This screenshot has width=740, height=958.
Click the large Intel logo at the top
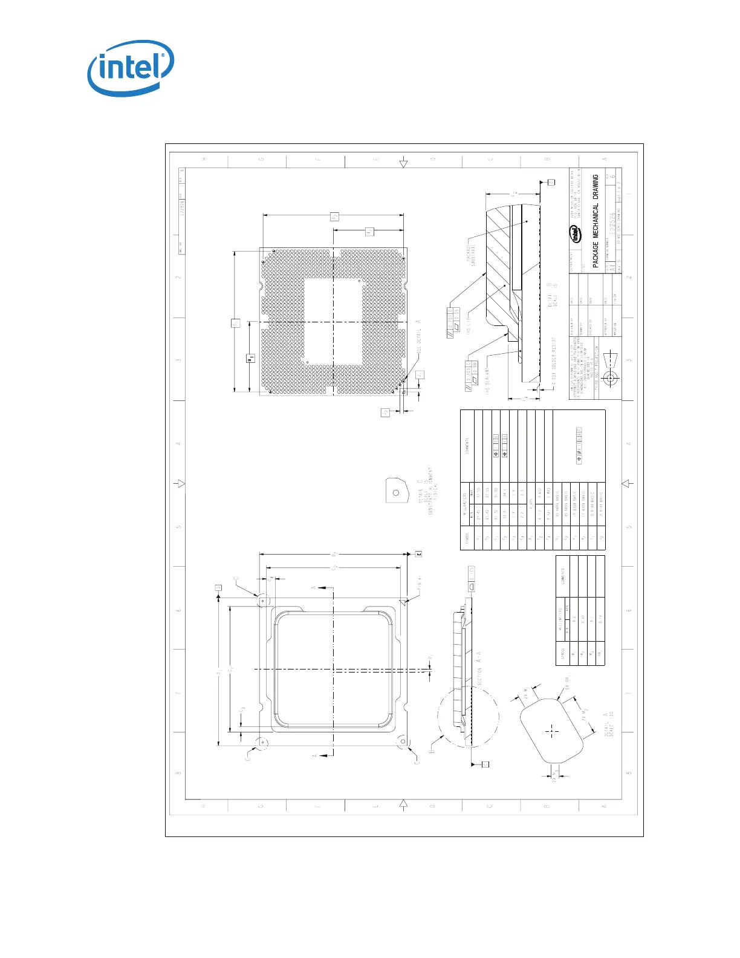click(x=131, y=67)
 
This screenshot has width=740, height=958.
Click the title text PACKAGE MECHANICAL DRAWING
click(x=596, y=221)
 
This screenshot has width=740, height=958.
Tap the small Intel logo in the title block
click(x=576, y=233)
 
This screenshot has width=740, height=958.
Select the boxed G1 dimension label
click(x=236, y=323)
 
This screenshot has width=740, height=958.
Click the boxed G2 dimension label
click(x=334, y=216)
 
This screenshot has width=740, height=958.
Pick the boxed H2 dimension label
click(x=370, y=232)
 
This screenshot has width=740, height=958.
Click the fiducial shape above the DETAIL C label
click(x=395, y=490)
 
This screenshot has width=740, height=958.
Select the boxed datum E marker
click(x=418, y=553)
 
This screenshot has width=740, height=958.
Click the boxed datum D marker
click(x=218, y=587)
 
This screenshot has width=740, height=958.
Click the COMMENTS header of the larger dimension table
click(x=467, y=446)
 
